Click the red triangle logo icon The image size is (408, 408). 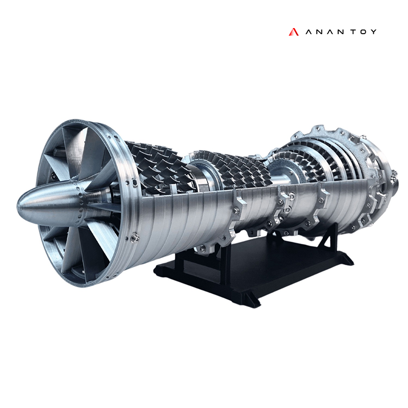293,32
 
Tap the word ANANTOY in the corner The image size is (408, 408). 340,32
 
